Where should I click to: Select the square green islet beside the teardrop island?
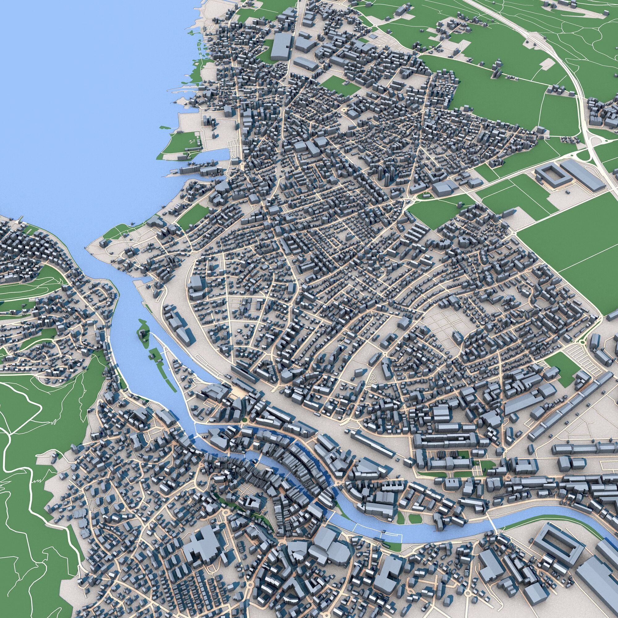click(155, 354)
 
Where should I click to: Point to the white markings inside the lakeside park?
click(192, 141)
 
